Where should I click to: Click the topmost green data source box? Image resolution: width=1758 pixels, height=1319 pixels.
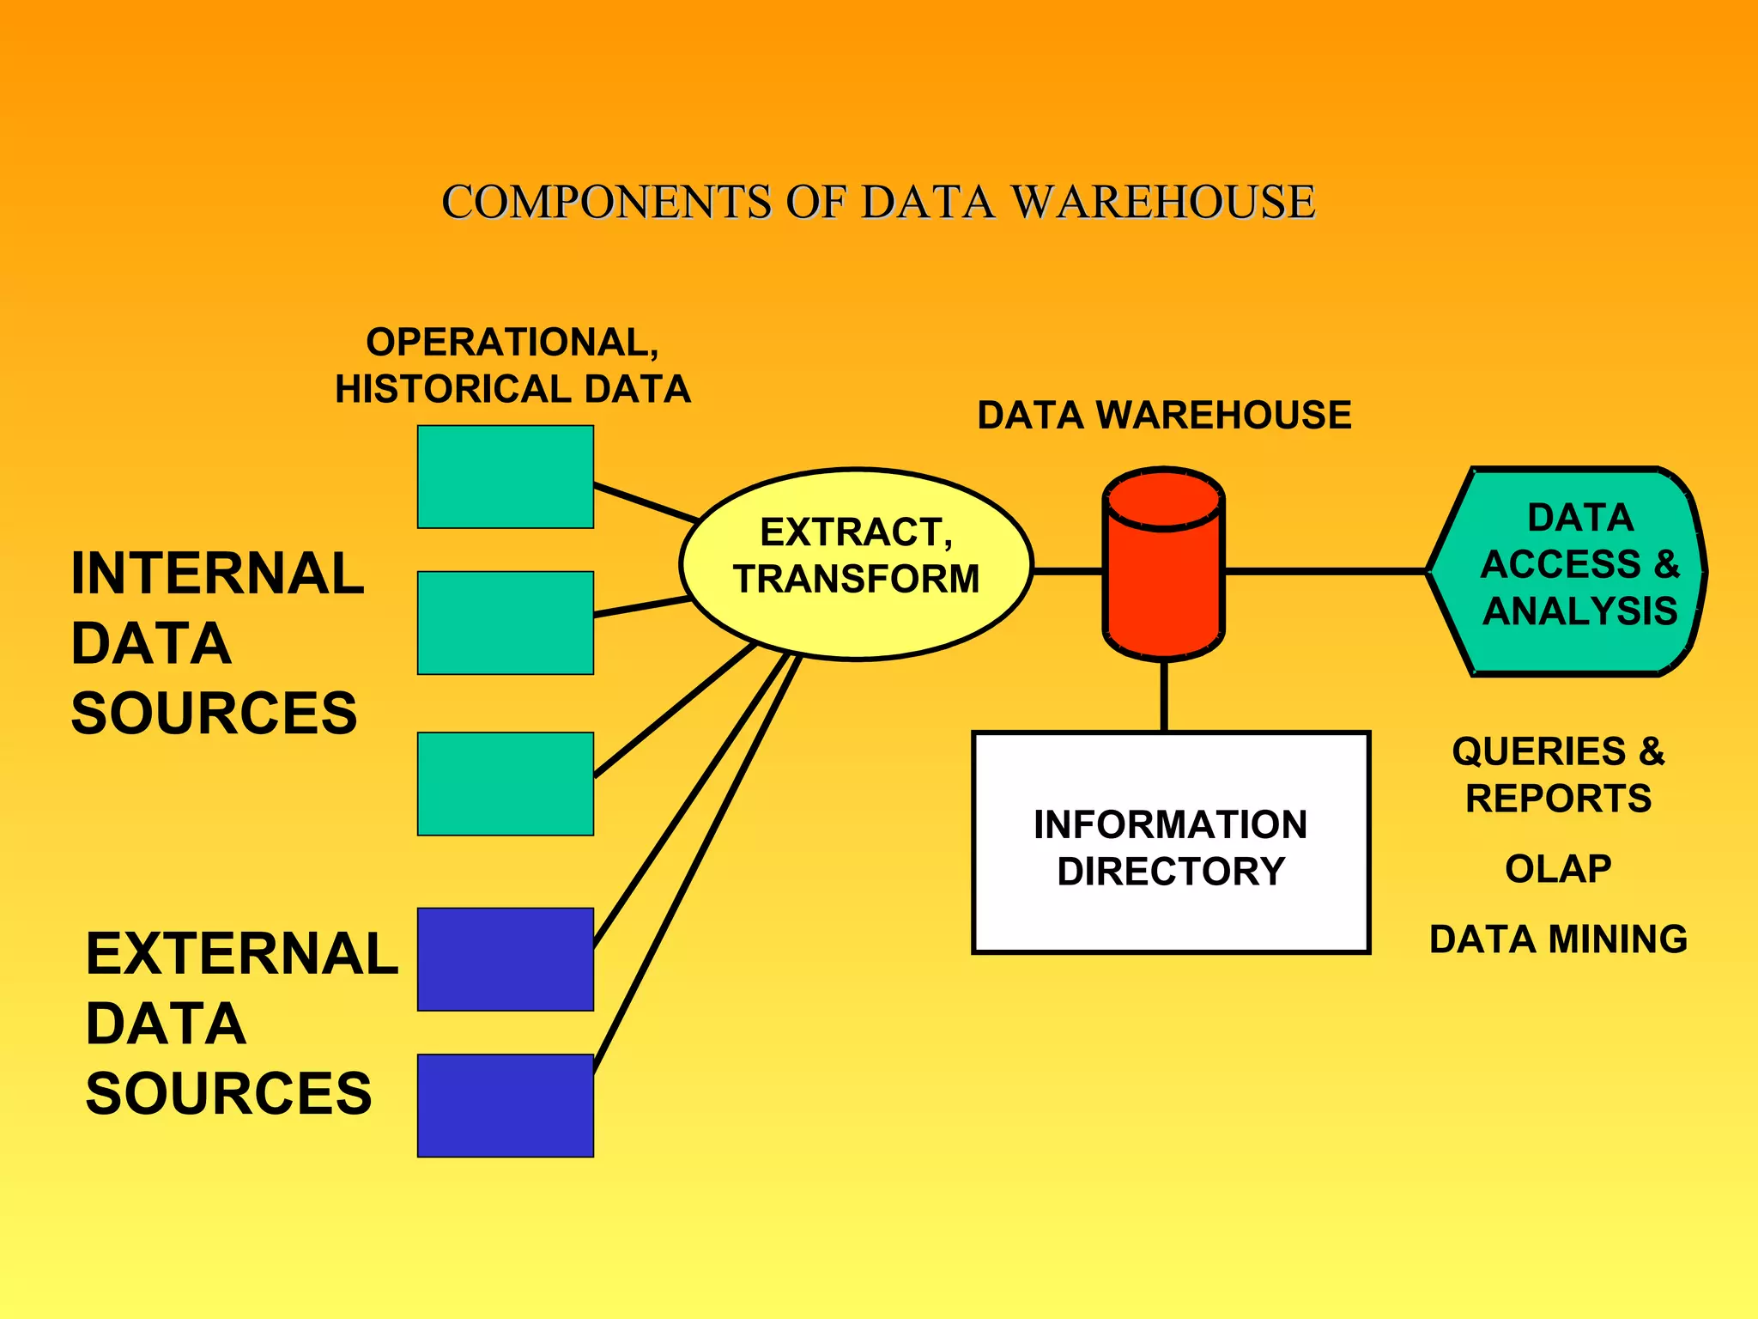[x=505, y=477]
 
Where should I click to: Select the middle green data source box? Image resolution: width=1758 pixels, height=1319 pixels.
[x=505, y=623]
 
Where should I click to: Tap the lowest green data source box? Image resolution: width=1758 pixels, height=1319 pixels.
[x=505, y=783]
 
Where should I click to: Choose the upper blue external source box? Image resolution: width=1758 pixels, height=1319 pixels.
[x=505, y=959]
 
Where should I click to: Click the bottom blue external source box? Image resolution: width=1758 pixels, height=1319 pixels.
[x=505, y=1105]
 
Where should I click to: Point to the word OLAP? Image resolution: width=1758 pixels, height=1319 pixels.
[x=1558, y=869]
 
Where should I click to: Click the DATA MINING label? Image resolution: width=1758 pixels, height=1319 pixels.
[x=1558, y=939]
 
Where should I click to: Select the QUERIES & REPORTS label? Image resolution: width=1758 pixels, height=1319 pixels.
[x=1558, y=775]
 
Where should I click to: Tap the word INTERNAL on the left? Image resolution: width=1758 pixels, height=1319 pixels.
[x=217, y=574]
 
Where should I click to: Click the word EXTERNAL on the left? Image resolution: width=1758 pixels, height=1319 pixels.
[x=241, y=954]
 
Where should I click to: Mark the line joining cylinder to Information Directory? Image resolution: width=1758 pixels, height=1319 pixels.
[x=1164, y=696]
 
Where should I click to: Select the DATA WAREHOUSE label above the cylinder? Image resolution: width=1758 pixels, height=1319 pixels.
[x=1164, y=416]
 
